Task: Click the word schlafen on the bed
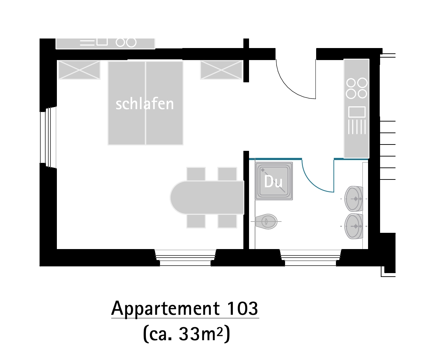coord(145,104)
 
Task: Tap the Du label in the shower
coord(273,182)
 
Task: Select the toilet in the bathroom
coord(266,222)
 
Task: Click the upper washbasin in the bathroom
coord(354,199)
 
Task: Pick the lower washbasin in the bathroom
coord(354,226)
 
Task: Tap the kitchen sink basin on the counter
coord(357,112)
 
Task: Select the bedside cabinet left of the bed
coord(79,70)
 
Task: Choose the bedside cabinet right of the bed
coord(221,70)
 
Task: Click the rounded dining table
coord(207,197)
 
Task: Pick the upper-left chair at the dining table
coord(196,174)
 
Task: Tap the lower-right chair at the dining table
coord(227,221)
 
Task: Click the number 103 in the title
coord(243,308)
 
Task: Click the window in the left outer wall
coord(48,137)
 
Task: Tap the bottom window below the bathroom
coord(310,258)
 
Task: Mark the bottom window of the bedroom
coord(185,258)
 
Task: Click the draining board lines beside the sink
coord(357,127)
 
